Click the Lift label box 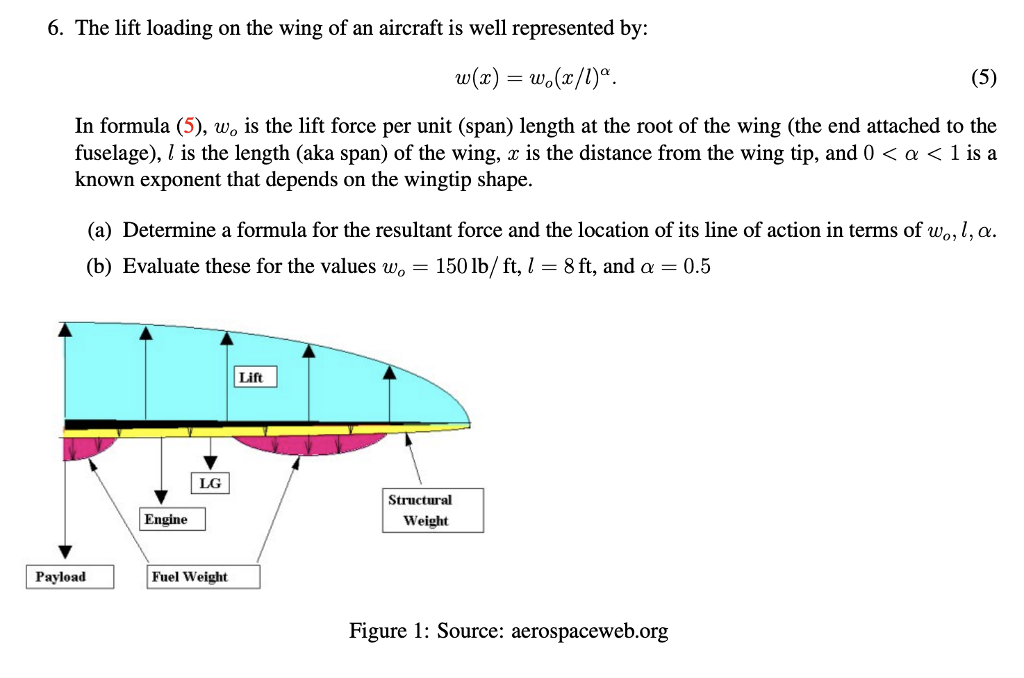[x=255, y=377]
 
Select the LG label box [x=210, y=483]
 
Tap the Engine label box [x=172, y=519]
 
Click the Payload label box [x=69, y=577]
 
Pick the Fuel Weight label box [x=203, y=577]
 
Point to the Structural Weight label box [x=432, y=511]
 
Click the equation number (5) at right [x=983, y=77]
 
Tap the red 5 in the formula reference [x=188, y=126]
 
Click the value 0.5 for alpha [x=697, y=266]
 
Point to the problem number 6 [x=55, y=28]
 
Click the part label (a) [x=99, y=230]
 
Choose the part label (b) [x=99, y=266]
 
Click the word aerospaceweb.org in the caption [x=589, y=631]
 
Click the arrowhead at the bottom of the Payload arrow [x=65, y=552]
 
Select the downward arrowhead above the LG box [x=210, y=462]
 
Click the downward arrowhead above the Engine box [x=161, y=496]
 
